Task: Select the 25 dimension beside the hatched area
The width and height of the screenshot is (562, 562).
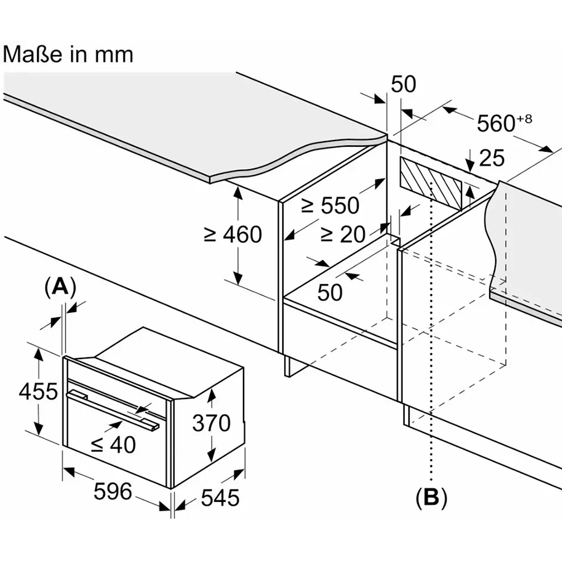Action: tap(492, 158)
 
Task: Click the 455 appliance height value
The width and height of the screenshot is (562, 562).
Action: tap(38, 392)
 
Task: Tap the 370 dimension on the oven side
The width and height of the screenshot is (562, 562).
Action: tap(211, 423)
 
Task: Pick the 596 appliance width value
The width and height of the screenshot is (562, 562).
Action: tap(113, 492)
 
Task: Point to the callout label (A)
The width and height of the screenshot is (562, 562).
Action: tap(60, 287)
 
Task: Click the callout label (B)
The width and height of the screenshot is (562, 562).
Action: tap(431, 498)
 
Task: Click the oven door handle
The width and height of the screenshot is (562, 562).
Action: tap(112, 408)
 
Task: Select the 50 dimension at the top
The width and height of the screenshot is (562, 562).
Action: tap(403, 85)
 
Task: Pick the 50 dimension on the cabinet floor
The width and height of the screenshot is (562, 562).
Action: tap(329, 292)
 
